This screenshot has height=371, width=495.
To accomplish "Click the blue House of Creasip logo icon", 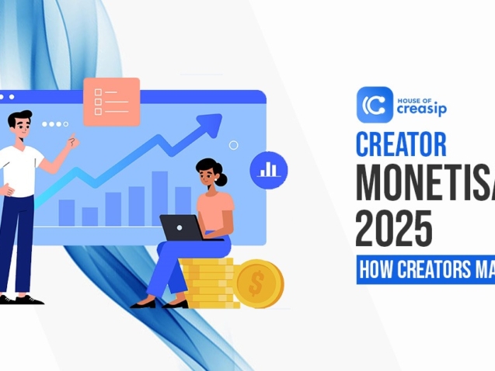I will point(375,105).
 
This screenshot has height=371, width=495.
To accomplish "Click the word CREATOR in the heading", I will point(401,145).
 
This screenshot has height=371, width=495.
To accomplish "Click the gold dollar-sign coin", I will point(259,283).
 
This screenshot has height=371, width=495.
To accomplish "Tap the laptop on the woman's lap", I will point(182,227).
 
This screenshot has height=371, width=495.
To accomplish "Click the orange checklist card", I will point(111,101).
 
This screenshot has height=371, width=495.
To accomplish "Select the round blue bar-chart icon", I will point(268,169).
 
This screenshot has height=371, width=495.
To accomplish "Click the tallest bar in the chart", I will point(160,198).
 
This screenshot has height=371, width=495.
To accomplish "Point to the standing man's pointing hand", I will point(72,142).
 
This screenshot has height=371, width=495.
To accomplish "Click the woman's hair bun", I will point(222,179).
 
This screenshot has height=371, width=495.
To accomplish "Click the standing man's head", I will point(21,125).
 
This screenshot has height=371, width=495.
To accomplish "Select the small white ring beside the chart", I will point(234,145).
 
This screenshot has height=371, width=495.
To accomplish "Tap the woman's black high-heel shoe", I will point(144,303).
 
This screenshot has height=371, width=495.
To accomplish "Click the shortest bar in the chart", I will point(90,216).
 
